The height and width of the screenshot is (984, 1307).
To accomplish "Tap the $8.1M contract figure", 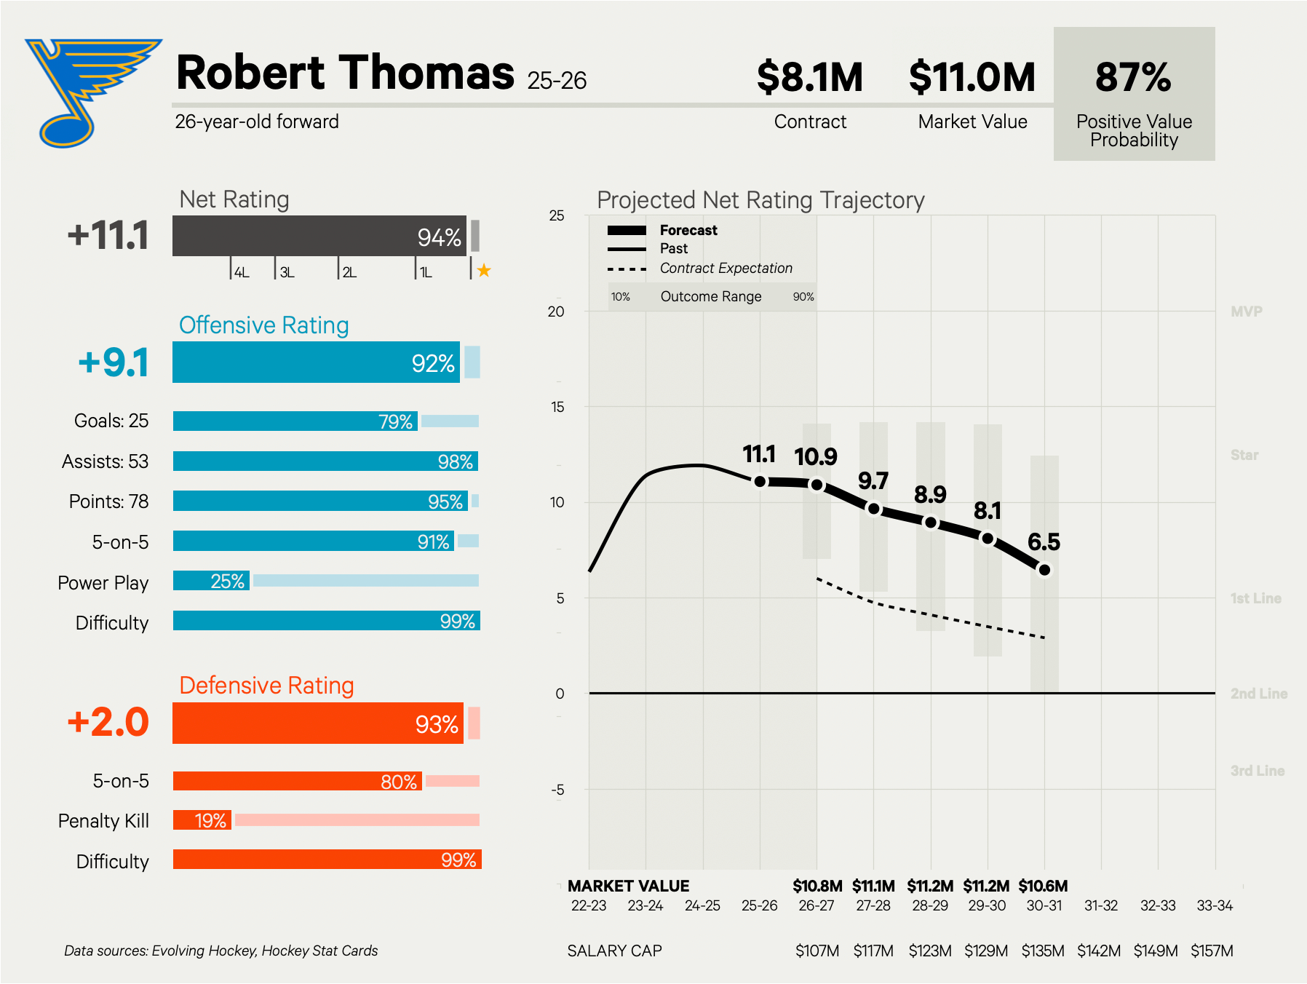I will pos(809,77).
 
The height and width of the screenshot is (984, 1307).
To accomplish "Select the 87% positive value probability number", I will pos(1133,77).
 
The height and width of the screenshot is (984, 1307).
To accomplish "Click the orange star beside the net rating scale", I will pos(484,271).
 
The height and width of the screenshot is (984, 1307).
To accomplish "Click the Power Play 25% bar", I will pos(211,581).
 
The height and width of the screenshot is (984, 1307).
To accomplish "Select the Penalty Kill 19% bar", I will pos(202,820).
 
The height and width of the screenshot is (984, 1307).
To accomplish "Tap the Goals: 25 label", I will pos(111,421).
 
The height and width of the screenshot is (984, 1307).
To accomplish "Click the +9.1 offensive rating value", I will pos(114,362).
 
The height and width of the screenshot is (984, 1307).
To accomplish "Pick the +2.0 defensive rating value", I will pos(108,723).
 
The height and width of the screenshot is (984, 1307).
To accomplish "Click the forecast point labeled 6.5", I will pos(1044,570).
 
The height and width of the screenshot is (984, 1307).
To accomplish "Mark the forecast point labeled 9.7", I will pos(874,509).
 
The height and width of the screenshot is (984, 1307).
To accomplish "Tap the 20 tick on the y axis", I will pos(556,312).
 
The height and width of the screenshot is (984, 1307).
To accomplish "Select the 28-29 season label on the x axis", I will pos(930,905).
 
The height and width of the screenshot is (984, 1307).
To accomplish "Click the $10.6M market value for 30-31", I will pos(1043,886).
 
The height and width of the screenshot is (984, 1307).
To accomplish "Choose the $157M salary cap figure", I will pos(1212,951).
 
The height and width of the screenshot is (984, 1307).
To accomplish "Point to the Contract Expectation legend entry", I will pos(726,268).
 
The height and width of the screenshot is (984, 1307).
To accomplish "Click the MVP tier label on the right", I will pos(1246,312).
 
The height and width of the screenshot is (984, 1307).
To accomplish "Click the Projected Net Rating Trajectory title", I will pos(760,200).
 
